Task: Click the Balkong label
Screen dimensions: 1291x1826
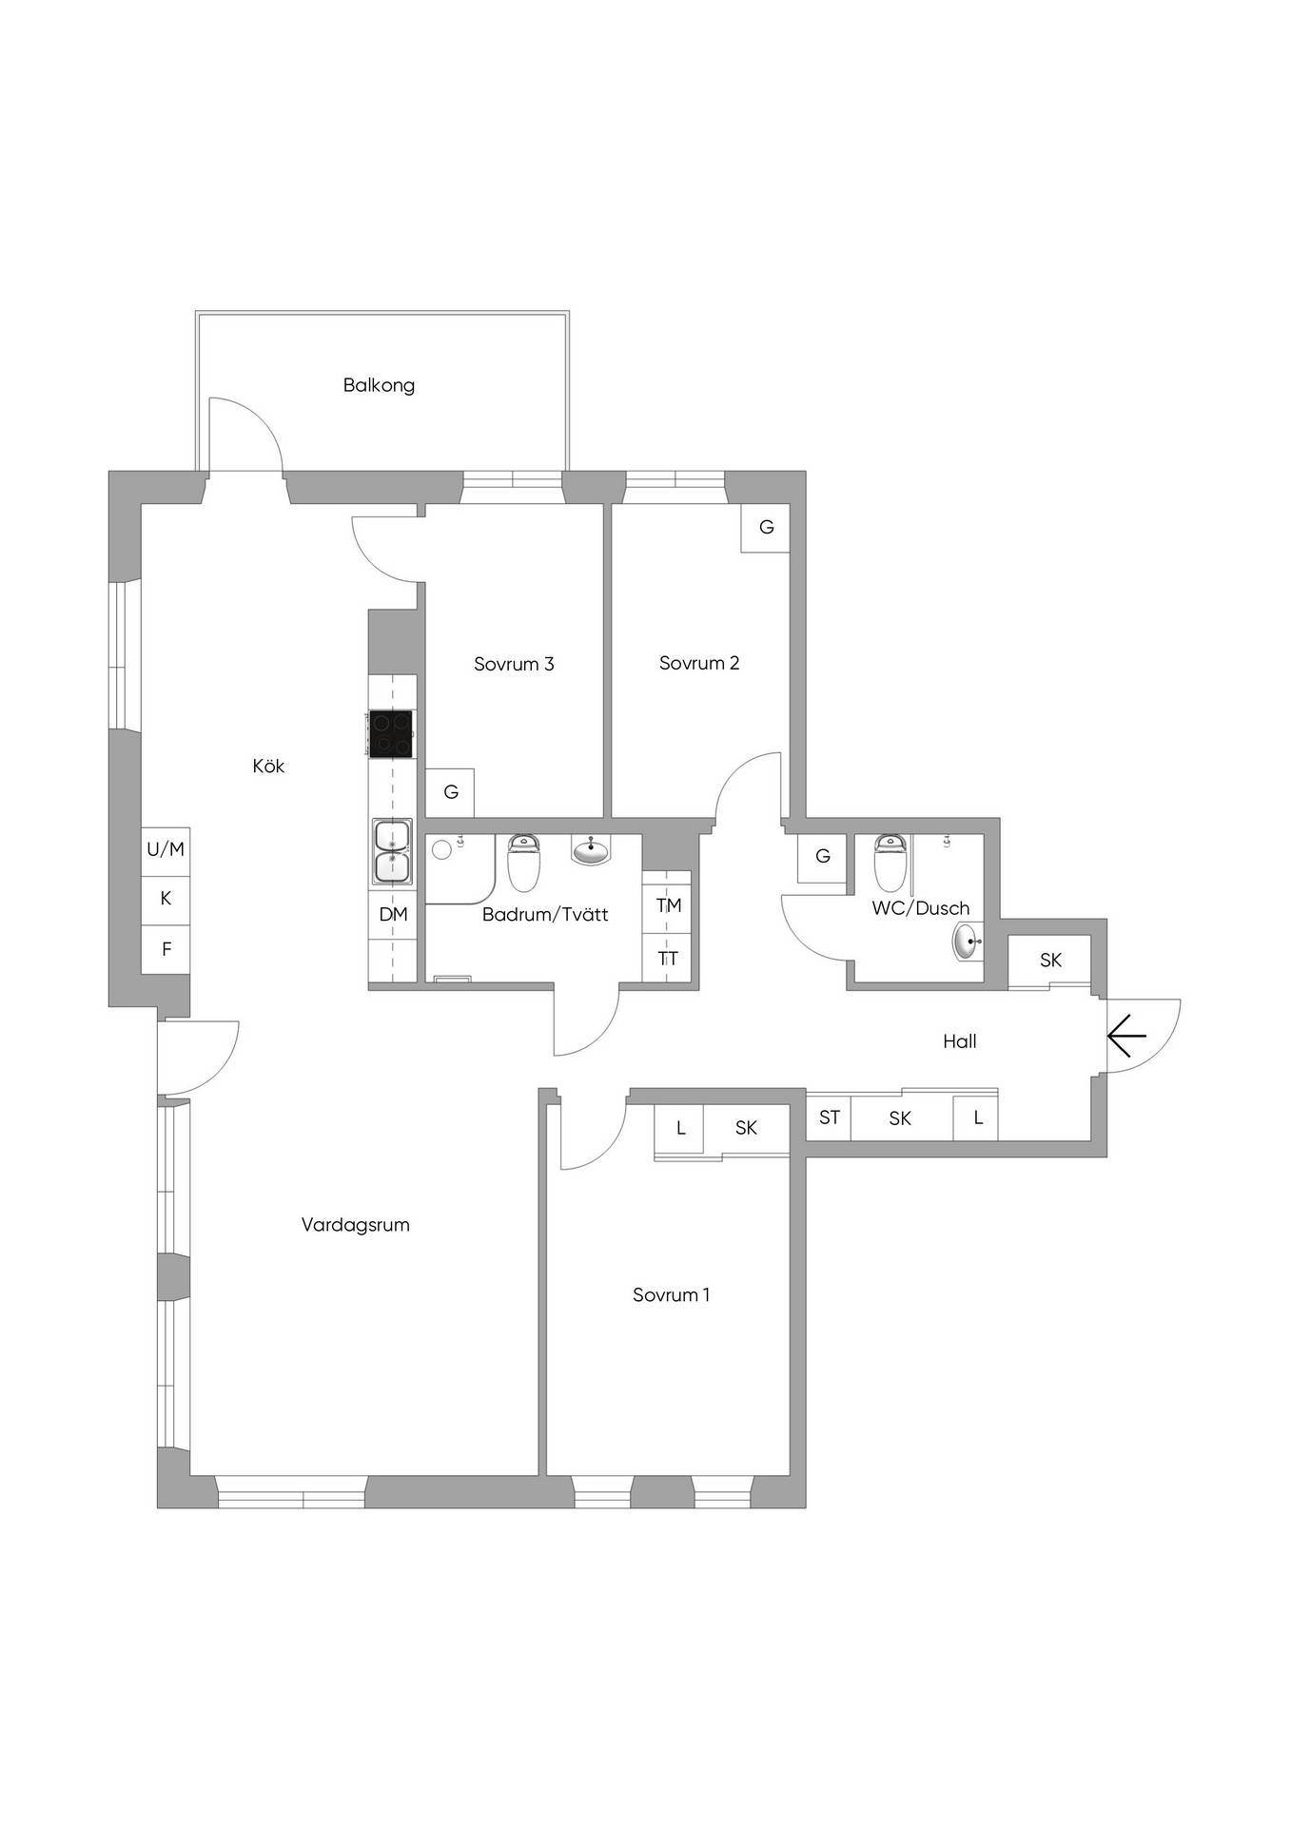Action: (379, 385)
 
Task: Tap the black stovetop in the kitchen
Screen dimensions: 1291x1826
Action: (391, 734)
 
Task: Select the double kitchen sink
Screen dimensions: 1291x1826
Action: (391, 851)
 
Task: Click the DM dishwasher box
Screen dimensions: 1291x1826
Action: (393, 914)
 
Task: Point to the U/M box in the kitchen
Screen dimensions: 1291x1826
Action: (166, 849)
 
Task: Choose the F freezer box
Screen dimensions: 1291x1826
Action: (166, 948)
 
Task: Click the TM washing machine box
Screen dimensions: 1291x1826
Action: (668, 904)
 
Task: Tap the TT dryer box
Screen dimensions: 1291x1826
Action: (668, 958)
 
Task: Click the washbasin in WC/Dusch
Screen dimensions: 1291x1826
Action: (968, 942)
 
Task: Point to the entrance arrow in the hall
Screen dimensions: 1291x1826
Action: (1127, 1036)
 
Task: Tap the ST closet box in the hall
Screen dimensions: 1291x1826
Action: (830, 1117)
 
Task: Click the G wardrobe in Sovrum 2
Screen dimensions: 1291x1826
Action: (766, 527)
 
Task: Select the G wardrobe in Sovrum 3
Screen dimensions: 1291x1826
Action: (451, 791)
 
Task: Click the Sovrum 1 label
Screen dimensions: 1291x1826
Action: (671, 1294)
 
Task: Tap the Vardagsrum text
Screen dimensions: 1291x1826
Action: (355, 1225)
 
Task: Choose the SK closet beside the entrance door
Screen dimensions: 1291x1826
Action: (1050, 960)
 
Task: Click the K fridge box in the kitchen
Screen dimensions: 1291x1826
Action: (166, 899)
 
